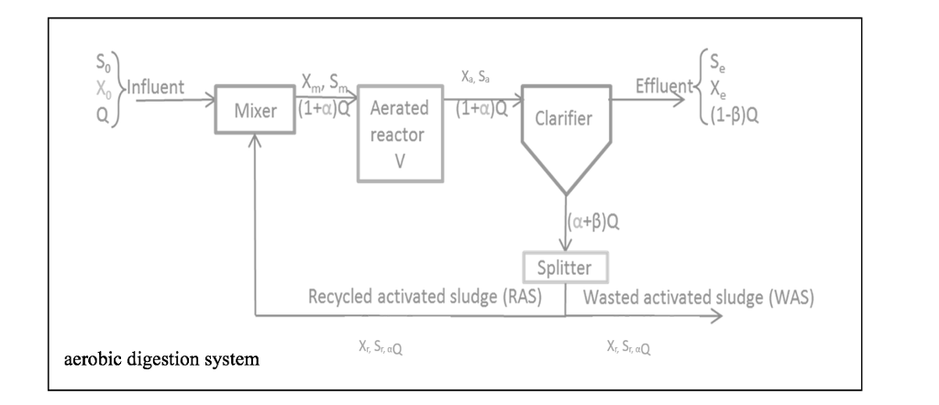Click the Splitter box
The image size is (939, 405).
(x=566, y=268)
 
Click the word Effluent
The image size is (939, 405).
(x=661, y=88)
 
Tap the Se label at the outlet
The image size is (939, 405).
(x=712, y=64)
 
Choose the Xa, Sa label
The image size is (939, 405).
(x=474, y=79)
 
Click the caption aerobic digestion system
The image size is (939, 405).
(x=160, y=358)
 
